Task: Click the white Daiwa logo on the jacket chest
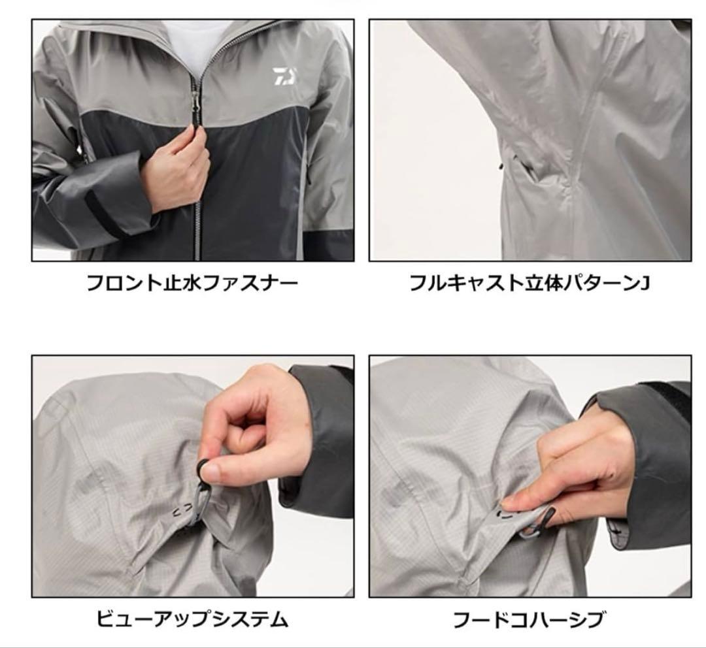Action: pos(284,76)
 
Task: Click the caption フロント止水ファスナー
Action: pos(192,283)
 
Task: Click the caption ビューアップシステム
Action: pos(192,619)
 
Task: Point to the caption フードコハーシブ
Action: pos(529,619)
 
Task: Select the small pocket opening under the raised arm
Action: pos(524,168)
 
